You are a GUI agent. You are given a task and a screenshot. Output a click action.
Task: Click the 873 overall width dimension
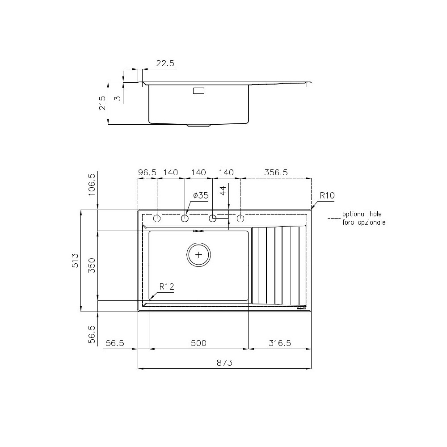point(225,363)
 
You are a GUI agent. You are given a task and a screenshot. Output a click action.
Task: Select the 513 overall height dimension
point(75,260)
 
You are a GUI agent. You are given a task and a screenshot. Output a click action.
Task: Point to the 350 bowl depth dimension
point(92,266)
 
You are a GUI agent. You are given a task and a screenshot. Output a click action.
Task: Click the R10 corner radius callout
point(327,195)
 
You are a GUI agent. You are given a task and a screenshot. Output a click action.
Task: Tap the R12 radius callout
point(166,287)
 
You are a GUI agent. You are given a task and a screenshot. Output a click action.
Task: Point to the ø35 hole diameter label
point(201,195)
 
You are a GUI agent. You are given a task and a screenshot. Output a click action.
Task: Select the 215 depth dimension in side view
point(102,103)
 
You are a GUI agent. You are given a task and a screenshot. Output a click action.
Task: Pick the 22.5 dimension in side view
point(165,63)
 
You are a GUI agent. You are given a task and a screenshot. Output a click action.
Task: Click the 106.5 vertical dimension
point(92,183)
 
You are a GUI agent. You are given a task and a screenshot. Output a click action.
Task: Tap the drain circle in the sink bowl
point(198,254)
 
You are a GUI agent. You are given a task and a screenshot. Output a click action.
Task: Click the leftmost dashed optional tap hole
point(157,218)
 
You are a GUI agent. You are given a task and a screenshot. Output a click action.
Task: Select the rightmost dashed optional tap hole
point(240,218)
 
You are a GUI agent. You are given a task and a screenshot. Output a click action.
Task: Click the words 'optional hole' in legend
point(362,214)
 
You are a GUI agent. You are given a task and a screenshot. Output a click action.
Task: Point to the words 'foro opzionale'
point(363,222)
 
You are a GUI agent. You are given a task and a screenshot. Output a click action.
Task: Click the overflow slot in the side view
point(198,91)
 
